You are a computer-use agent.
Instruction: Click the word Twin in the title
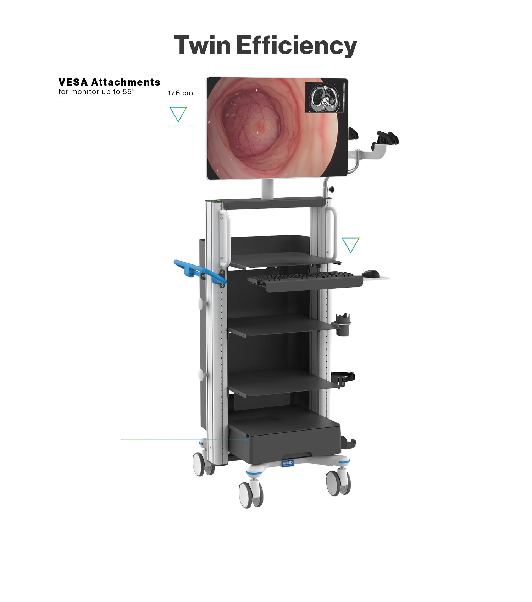(202, 46)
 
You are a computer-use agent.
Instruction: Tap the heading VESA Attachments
(109, 82)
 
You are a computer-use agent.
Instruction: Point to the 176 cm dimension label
(180, 93)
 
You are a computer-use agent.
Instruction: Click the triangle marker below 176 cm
(178, 114)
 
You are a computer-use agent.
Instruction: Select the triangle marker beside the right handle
(350, 245)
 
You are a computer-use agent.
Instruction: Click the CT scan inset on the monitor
(324, 98)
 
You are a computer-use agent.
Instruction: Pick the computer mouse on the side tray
(371, 274)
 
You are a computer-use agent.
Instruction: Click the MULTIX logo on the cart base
(288, 463)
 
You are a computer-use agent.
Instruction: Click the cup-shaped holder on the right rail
(343, 325)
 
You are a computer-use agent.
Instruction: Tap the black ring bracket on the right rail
(343, 378)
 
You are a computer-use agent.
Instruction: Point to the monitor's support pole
(268, 189)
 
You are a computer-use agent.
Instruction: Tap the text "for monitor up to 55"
(96, 92)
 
